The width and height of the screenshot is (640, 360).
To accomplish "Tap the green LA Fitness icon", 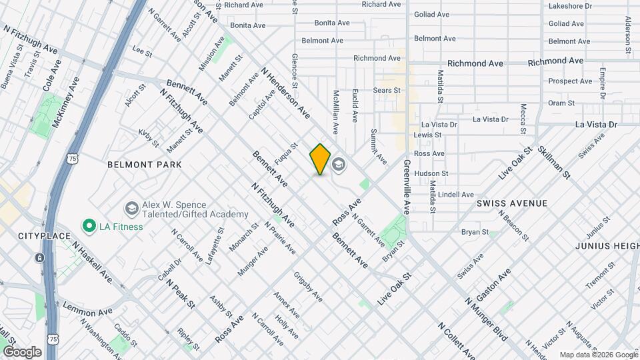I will click(88, 227).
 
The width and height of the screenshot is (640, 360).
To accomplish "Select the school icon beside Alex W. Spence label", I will click(131, 209).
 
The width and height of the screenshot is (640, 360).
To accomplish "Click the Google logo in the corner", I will click(21, 351).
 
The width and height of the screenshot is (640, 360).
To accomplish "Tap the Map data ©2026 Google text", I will click(598, 355).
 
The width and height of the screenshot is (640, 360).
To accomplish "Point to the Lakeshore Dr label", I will click(569, 6).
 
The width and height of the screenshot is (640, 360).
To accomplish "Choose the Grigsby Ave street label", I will click(308, 287).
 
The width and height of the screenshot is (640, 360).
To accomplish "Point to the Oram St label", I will click(561, 103).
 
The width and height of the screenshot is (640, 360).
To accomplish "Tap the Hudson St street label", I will click(429, 173).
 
